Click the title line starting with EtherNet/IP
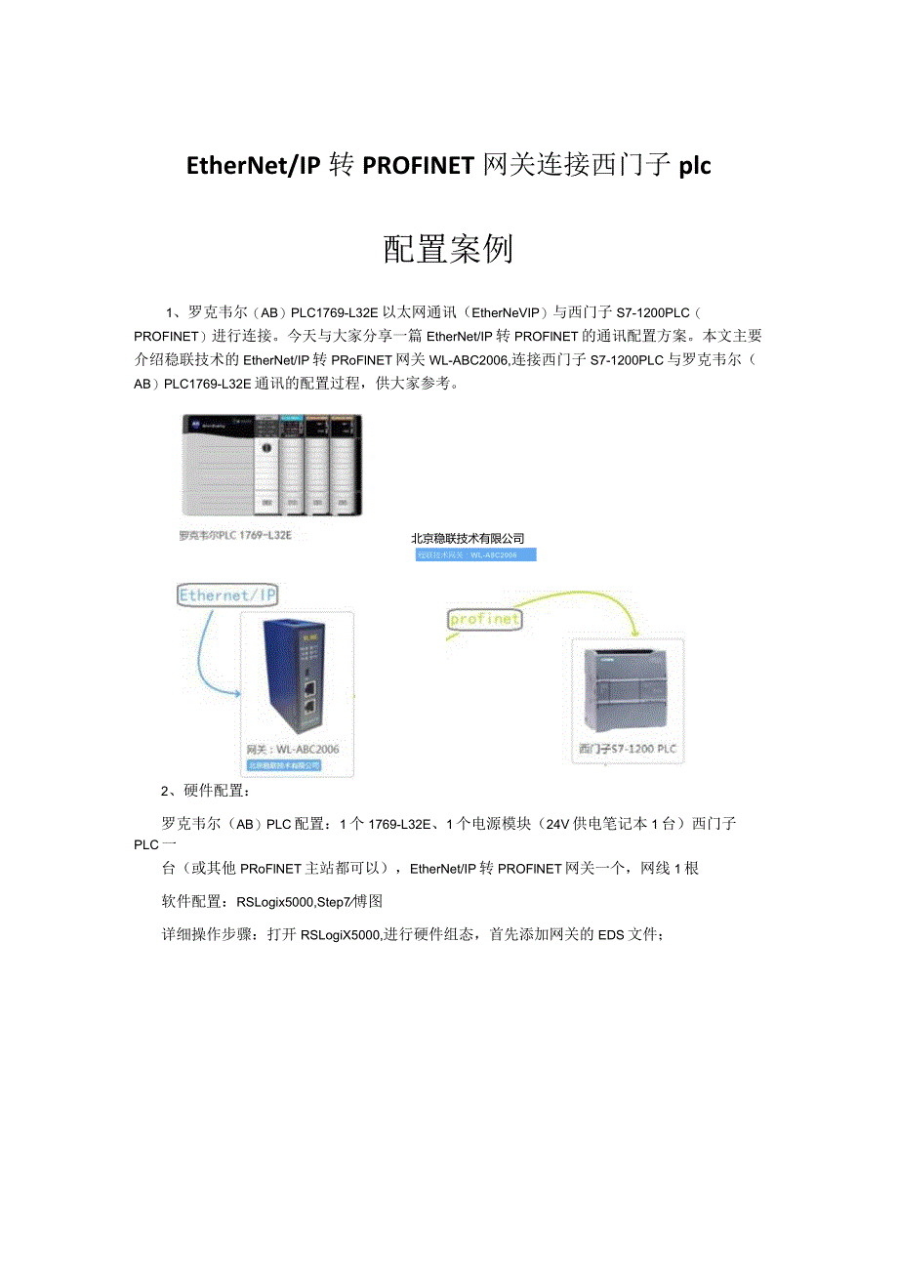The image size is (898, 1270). (x=448, y=165)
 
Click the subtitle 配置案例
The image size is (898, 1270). (x=448, y=250)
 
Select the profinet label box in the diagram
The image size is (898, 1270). (x=484, y=619)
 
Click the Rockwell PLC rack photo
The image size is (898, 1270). (x=271, y=465)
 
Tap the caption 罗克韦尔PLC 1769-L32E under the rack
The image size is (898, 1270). (x=236, y=536)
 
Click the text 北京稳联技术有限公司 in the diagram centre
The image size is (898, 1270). (x=468, y=538)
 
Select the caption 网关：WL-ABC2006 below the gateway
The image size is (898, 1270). (x=294, y=750)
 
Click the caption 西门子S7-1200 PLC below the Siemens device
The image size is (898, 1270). (x=627, y=750)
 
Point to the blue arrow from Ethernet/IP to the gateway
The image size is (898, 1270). (x=207, y=654)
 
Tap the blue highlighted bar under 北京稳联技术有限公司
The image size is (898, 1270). (x=475, y=554)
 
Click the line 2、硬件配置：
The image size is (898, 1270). (x=192, y=791)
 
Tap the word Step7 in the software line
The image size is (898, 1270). (x=338, y=902)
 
